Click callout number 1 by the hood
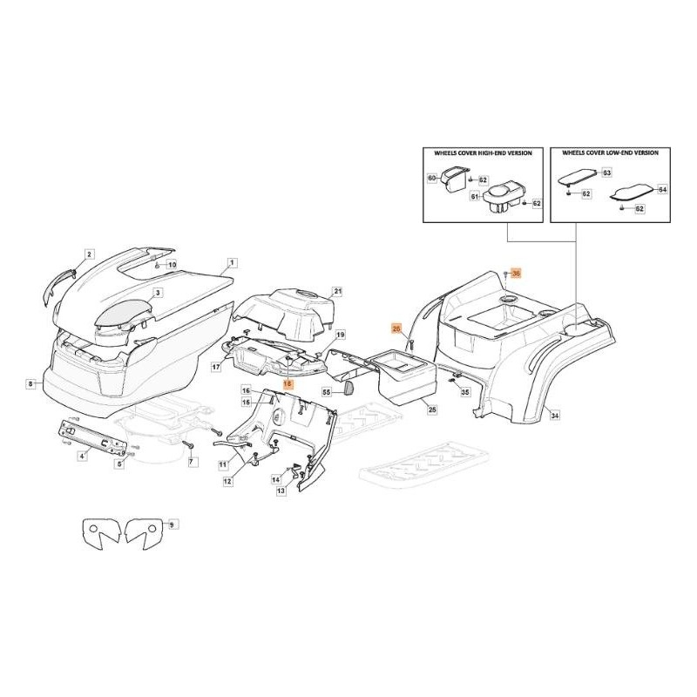tap(232, 262)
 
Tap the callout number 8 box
tap(30, 383)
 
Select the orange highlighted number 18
tap(287, 384)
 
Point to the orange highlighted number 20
tap(396, 328)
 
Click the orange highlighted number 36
tap(515, 274)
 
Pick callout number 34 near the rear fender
tap(555, 417)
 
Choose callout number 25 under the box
tap(432, 409)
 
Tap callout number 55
tap(327, 393)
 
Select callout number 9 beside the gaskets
tap(172, 524)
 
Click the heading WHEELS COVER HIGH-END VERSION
tap(483, 152)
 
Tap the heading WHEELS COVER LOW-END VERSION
tap(610, 152)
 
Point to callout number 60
tap(431, 178)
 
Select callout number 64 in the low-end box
tap(662, 189)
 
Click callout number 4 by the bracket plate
tap(82, 456)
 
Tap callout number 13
tap(281, 491)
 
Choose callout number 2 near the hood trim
tap(89, 254)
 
